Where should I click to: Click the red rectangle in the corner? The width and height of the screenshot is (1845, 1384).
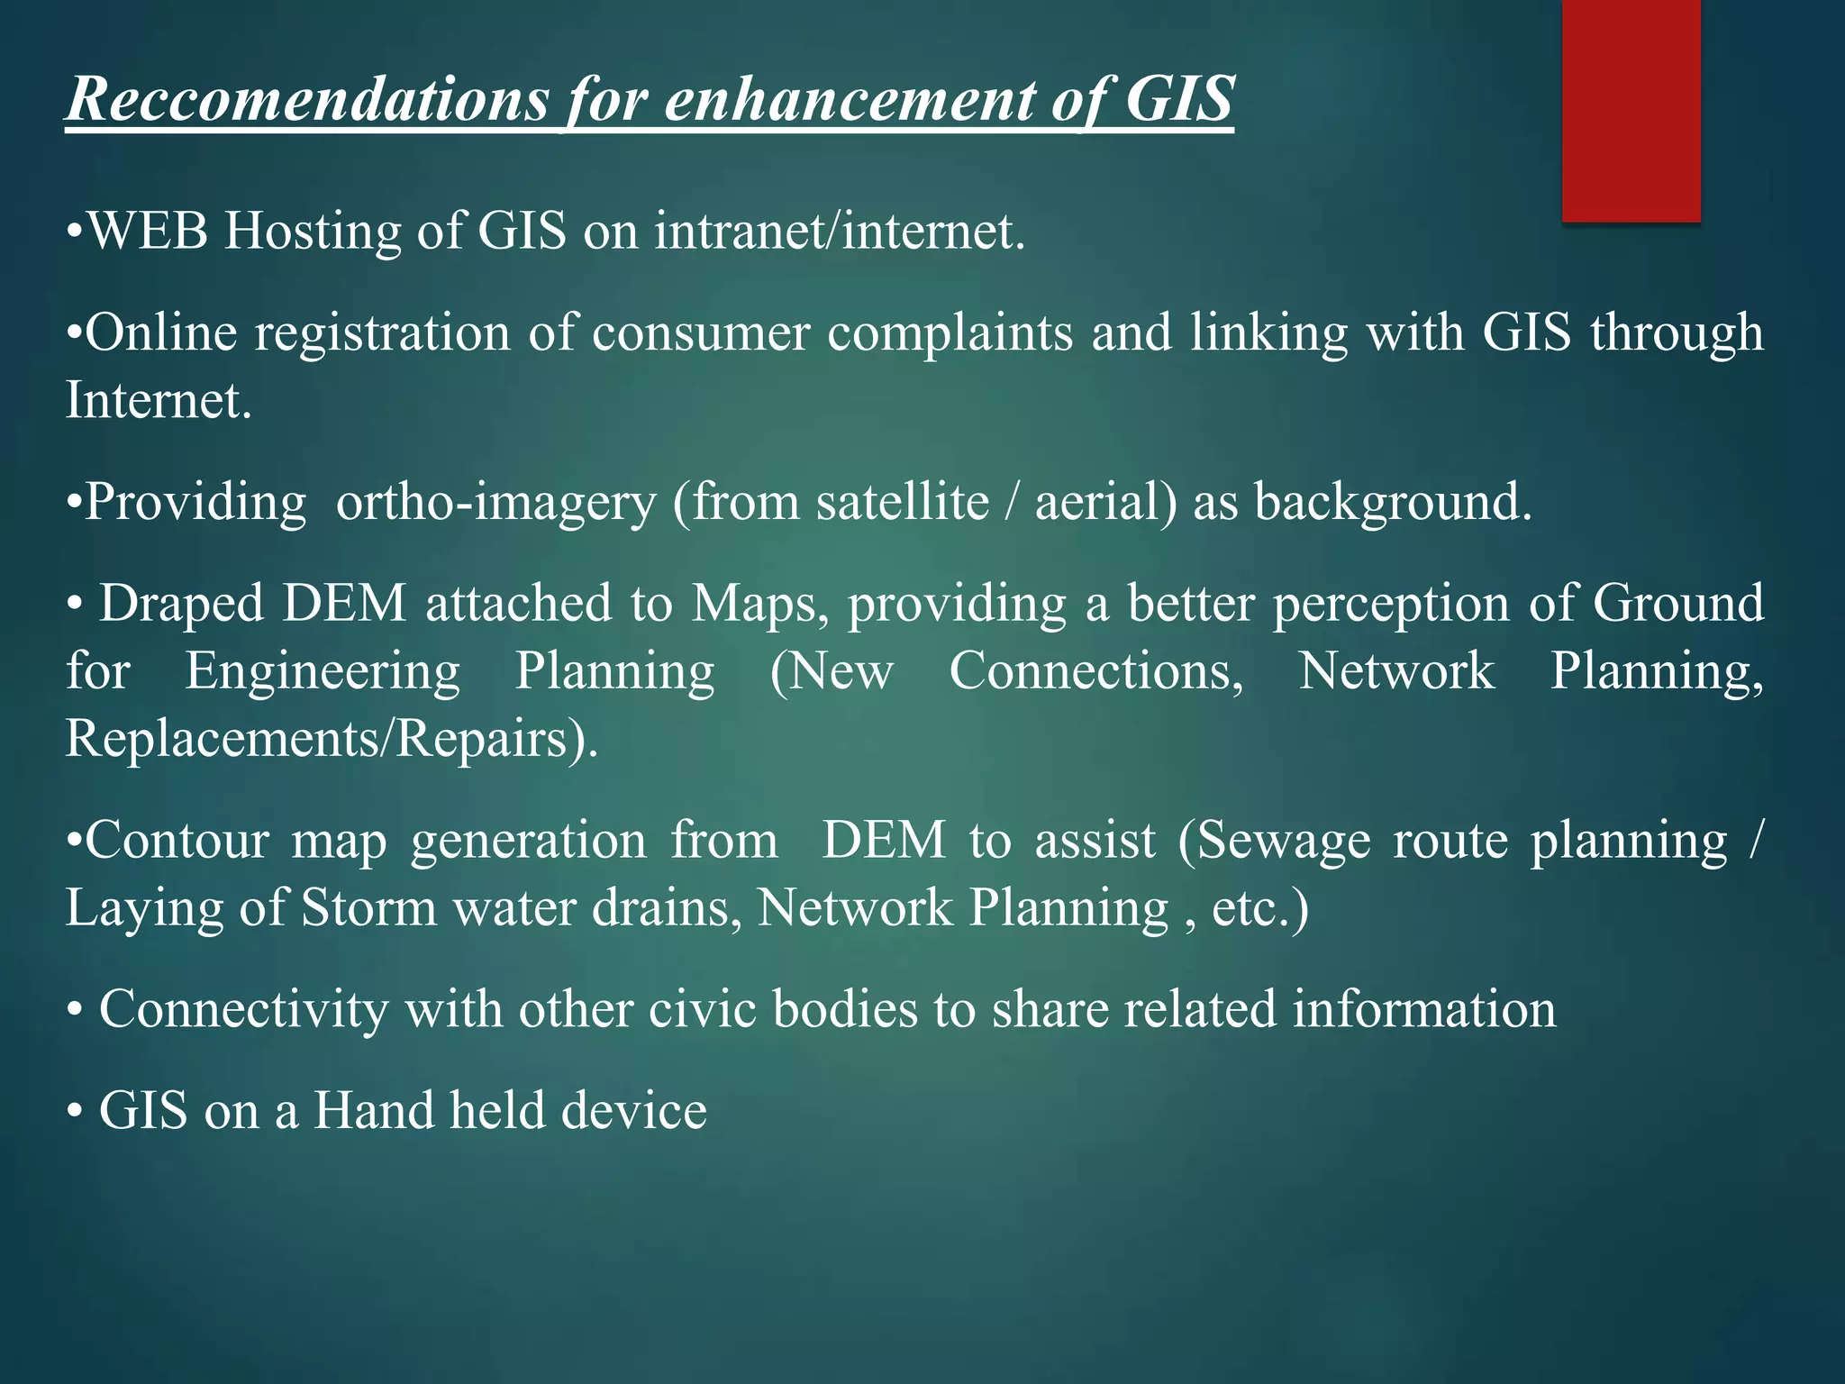coord(1631,110)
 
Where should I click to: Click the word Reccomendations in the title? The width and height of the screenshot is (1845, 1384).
coord(307,98)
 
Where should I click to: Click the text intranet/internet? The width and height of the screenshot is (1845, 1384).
coord(840,232)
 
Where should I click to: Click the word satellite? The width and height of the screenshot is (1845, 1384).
coord(903,502)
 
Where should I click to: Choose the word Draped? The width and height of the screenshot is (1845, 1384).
coord(181,605)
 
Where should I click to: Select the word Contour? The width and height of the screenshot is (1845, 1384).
coord(177,842)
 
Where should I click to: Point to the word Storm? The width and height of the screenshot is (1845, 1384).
coord(368,908)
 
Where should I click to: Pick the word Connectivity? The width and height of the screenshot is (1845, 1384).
coord(243,1010)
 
